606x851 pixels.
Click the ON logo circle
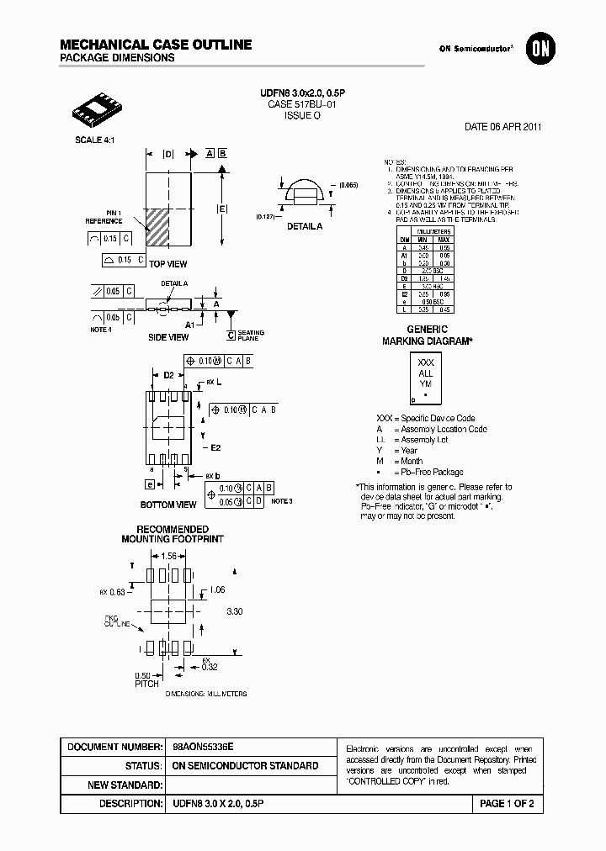pos(538,50)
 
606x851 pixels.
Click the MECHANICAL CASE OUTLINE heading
pos(156,45)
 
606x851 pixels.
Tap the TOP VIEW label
pos(168,264)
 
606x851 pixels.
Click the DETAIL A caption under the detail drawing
pos(304,226)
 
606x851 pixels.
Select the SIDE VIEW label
pos(168,337)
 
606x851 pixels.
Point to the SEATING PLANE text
pos(251,336)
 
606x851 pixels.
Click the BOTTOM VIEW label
pos(168,505)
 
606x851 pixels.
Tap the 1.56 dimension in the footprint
pos(168,556)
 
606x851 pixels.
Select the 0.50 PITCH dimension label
pos(146,679)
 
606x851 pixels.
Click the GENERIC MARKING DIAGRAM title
pos(427,336)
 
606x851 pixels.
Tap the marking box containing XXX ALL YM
pos(426,378)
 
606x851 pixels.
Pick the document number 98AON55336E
pos(203,747)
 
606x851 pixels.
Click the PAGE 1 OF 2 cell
pos(506,804)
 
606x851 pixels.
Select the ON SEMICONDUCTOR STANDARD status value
pos(245,766)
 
